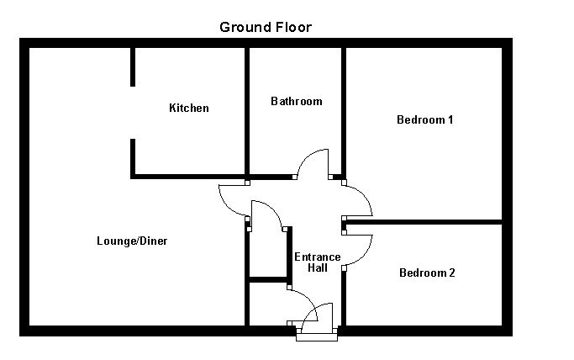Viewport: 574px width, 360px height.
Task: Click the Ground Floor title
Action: pyautogui.click(x=266, y=27)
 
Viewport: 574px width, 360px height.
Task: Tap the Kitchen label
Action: pyautogui.click(x=189, y=108)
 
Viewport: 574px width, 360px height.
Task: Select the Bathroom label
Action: pyautogui.click(x=296, y=101)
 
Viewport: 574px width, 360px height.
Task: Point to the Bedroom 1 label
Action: pyautogui.click(x=425, y=119)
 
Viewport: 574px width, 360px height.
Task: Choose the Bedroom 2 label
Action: pyautogui.click(x=427, y=273)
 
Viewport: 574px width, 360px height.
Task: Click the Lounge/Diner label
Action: pyautogui.click(x=132, y=241)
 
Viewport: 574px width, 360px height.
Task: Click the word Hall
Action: pyautogui.click(x=317, y=268)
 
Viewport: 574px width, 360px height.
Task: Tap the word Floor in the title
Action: pyautogui.click(x=291, y=27)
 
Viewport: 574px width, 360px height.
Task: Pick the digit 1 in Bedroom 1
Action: pyautogui.click(x=450, y=119)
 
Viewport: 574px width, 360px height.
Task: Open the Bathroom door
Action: pyautogui.click(x=315, y=163)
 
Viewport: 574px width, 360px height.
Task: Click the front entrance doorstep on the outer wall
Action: pyautogui.click(x=317, y=335)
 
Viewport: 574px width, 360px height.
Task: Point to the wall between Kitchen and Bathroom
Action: pyautogui.click(x=246, y=109)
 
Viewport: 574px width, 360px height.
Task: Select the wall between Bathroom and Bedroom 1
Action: pyautogui.click(x=344, y=109)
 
